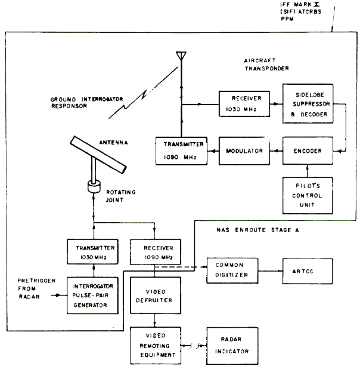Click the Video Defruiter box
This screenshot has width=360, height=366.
[x=155, y=295]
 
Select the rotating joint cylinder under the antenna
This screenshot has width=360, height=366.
[x=94, y=186]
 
